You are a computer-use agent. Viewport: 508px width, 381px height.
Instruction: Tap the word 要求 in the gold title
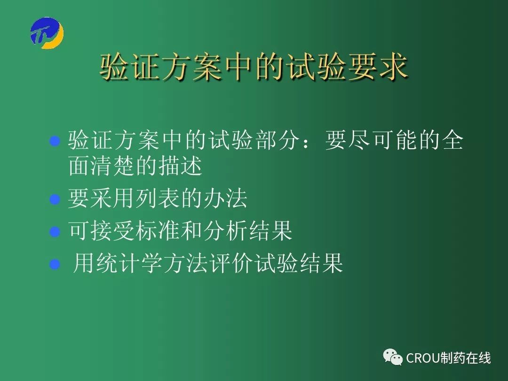tap(378, 67)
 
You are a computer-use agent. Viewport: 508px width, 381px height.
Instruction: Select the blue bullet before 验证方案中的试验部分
tap(55, 141)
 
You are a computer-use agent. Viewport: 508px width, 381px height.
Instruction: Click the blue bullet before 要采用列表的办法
tap(55, 199)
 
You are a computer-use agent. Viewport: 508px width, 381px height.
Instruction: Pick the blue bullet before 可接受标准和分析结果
tap(55, 231)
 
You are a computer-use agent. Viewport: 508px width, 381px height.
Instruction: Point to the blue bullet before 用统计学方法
tap(55, 264)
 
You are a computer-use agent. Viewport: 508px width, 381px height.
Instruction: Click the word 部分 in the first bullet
tap(278, 141)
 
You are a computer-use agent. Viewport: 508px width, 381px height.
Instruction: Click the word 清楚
tap(113, 166)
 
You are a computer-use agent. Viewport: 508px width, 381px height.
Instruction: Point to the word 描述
tap(180, 166)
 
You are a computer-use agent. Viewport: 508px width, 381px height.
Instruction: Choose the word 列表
tap(158, 198)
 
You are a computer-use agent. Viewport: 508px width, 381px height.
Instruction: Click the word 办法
tap(225, 198)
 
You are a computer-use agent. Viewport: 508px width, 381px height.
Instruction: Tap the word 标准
tap(158, 230)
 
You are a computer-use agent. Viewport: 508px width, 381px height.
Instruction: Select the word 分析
tap(225, 230)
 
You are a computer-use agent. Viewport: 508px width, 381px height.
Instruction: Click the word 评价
tap(230, 263)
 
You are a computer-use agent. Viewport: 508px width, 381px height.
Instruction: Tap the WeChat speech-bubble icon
tap(393, 357)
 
